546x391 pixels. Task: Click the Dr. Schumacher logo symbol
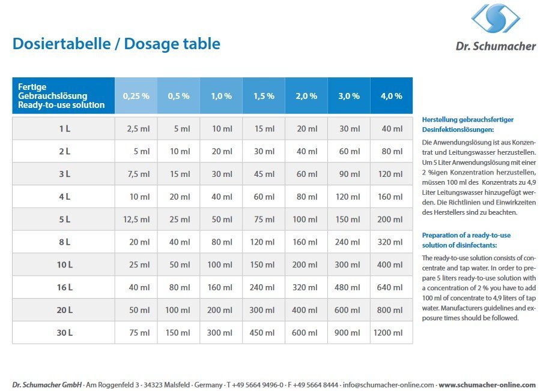point(496,19)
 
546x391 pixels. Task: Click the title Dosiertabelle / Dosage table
point(117,44)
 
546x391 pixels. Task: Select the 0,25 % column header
point(136,96)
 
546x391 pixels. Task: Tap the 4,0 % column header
point(392,96)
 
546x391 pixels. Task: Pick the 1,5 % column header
point(264,96)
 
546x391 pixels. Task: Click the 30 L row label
point(64,333)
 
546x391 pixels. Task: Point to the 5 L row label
point(64,219)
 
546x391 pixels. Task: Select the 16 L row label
point(64,287)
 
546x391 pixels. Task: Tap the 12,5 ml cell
point(137,219)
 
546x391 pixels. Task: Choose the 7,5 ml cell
point(139,174)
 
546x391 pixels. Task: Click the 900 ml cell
point(349,333)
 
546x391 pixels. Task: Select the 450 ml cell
point(264,333)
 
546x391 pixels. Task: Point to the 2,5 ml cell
point(139,129)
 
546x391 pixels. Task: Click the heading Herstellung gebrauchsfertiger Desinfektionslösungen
point(468,124)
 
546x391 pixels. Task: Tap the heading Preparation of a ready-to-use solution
point(466,240)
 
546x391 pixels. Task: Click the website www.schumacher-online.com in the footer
point(487,384)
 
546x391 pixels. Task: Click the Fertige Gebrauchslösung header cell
point(62,96)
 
